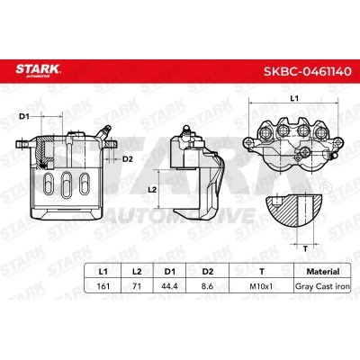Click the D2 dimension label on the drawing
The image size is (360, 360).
pos(128,159)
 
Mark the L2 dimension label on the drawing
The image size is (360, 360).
pos(153,191)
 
